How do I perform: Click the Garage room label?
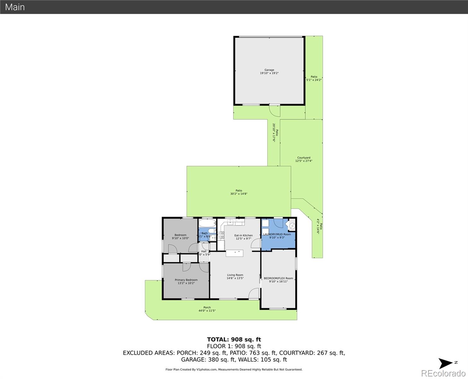click(x=269, y=70)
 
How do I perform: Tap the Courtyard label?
click(x=304, y=158)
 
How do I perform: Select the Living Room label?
click(x=235, y=275)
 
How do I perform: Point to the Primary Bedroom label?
click(x=186, y=280)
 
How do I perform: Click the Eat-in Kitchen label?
click(x=243, y=235)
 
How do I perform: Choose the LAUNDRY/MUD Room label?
click(x=277, y=234)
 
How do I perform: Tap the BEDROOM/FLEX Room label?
click(x=278, y=278)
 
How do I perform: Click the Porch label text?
click(x=207, y=307)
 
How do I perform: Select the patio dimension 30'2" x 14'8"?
click(x=239, y=194)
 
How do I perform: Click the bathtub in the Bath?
click(x=207, y=224)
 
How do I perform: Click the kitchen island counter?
click(x=234, y=253)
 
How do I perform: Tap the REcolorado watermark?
click(x=443, y=373)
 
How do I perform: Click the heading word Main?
click(x=15, y=7)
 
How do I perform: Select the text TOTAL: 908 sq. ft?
click(x=234, y=340)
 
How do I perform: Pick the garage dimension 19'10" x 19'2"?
click(x=269, y=73)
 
